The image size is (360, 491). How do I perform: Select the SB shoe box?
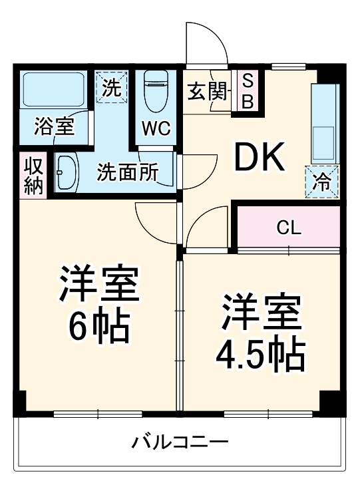pyautogui.click(x=246, y=91)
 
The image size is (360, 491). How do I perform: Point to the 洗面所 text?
pyautogui.click(x=128, y=173)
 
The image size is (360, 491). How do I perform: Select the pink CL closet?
pyautogui.click(x=289, y=228)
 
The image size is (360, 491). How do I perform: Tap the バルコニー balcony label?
pyautogui.click(x=180, y=442)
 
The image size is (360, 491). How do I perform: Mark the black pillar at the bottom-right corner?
pyautogui.click(x=331, y=402)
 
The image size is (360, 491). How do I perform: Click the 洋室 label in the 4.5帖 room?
pyautogui.click(x=260, y=313)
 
